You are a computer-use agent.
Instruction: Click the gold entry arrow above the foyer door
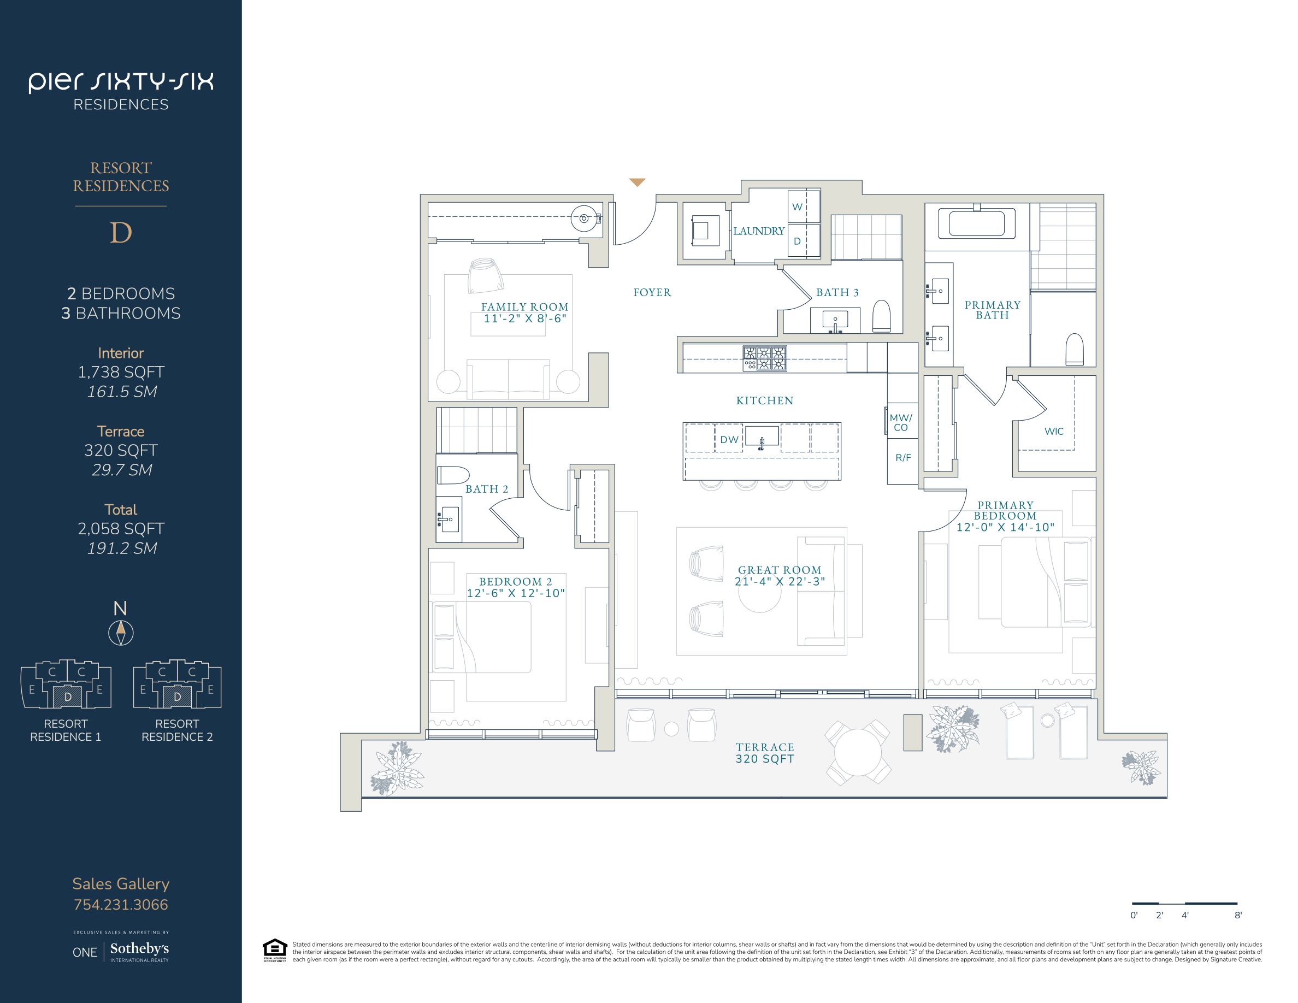(x=637, y=182)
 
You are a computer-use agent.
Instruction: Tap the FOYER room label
(x=652, y=292)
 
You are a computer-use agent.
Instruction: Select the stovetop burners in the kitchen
(x=764, y=358)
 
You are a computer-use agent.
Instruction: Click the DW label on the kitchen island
(x=729, y=440)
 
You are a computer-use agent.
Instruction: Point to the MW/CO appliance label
(x=901, y=422)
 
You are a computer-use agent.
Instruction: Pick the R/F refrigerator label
(x=903, y=458)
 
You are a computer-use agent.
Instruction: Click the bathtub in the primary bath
(x=976, y=223)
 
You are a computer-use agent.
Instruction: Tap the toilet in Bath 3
(x=881, y=316)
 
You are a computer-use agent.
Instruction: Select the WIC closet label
(x=1054, y=432)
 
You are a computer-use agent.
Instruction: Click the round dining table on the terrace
(x=858, y=752)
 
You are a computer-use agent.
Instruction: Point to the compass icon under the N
(x=121, y=633)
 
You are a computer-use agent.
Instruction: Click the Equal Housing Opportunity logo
(x=275, y=950)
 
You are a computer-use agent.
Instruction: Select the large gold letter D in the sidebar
(x=121, y=232)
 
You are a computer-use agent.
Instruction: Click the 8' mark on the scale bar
(x=1238, y=915)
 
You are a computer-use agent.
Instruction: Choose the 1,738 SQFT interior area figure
(x=121, y=372)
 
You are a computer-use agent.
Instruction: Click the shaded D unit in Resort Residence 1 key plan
(x=67, y=697)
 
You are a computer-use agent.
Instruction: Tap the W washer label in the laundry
(x=797, y=207)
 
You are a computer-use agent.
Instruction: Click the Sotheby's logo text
(x=139, y=948)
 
